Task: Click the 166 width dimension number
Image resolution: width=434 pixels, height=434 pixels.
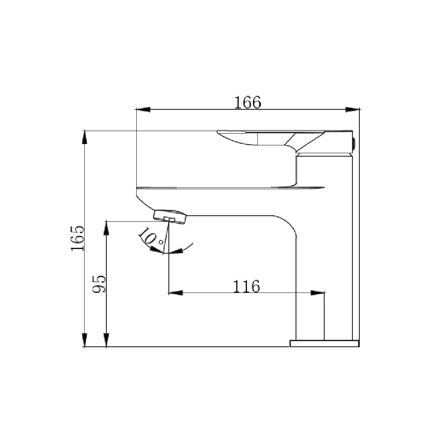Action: point(247,102)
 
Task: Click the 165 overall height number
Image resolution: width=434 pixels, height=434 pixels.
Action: point(77,238)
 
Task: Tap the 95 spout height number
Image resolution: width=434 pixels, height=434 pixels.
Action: point(99,284)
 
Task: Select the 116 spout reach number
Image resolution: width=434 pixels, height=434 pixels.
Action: point(247,286)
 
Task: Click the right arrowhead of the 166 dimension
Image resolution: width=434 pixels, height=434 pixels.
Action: point(352,110)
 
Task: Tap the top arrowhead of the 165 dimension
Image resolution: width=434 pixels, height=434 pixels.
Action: point(85,137)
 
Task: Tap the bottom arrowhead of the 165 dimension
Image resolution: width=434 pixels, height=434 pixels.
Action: point(85,340)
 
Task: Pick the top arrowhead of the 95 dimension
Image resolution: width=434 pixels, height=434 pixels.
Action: point(106,228)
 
